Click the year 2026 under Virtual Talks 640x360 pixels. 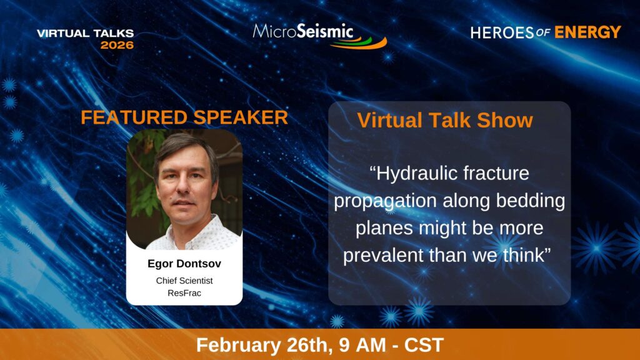click(117, 45)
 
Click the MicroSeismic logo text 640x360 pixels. click(303, 32)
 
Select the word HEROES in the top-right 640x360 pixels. click(502, 32)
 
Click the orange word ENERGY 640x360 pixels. click(587, 32)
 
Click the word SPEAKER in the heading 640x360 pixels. click(241, 117)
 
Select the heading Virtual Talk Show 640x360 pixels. click(445, 121)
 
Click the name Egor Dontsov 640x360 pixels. click(184, 264)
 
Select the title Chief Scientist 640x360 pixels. click(184, 281)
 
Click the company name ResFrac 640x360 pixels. click(184, 293)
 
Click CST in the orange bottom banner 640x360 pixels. click(424, 345)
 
